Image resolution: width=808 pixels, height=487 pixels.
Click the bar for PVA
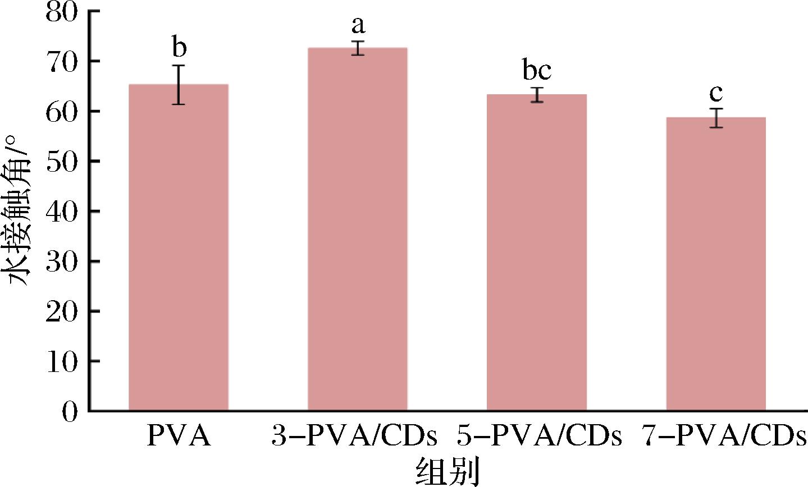179,247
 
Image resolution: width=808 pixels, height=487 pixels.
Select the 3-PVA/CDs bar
358,229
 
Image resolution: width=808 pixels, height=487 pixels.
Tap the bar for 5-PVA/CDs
537,252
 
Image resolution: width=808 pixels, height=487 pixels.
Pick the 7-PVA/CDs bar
716,264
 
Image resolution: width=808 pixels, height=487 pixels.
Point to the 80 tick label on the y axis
62,12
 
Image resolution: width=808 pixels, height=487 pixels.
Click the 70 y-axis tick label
62,62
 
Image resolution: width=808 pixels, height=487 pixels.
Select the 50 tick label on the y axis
62,162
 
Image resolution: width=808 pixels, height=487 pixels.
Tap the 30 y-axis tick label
62,261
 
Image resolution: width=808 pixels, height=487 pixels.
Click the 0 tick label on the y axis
70,411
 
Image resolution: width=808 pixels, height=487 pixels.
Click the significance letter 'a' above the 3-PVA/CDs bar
358,25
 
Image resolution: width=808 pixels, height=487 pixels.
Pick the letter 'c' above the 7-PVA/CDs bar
716,93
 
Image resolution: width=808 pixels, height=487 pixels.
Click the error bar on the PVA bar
178,85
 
